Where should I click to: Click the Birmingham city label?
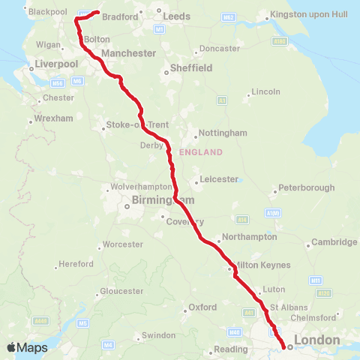pos(163,200)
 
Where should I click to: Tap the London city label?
pos(317,341)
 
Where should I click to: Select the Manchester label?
pos(128,53)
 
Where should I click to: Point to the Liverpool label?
pos(56,64)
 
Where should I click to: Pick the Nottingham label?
pos(222,133)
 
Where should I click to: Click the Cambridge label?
pos(335,242)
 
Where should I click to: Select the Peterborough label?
pos(306,187)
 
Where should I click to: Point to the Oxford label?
pos(202,307)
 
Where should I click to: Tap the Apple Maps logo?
pos(27,347)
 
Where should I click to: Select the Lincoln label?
pos(266,91)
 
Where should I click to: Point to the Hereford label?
pos(77,264)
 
